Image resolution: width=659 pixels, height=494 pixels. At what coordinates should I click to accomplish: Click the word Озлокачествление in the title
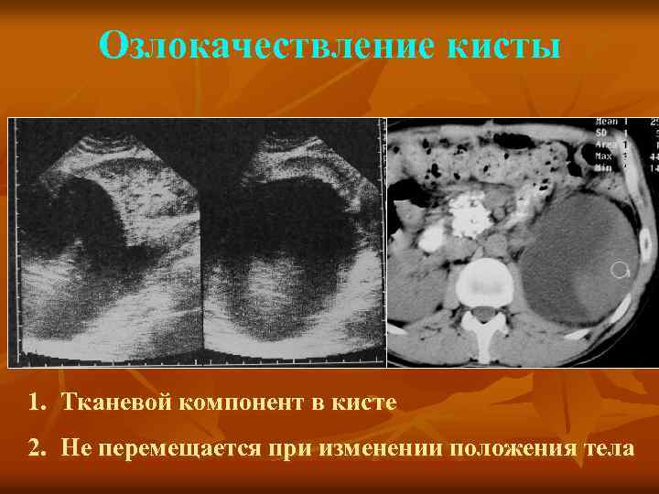click(246, 45)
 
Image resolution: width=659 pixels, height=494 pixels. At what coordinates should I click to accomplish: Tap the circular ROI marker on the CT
click(620, 270)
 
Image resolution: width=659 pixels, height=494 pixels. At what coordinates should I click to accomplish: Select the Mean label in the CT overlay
click(606, 122)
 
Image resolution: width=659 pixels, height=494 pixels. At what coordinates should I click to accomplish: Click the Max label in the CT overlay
click(604, 156)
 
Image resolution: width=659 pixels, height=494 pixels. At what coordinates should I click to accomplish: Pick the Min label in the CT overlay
click(604, 168)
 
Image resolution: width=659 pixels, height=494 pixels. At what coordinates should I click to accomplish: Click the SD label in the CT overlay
click(601, 134)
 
